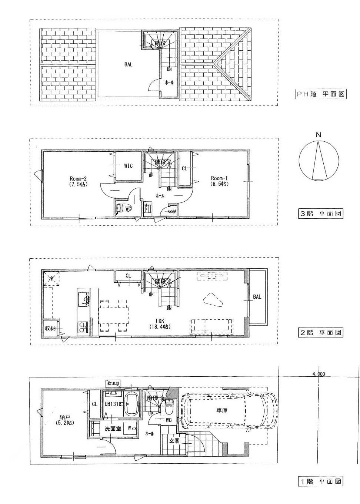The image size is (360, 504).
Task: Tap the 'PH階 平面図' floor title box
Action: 320,94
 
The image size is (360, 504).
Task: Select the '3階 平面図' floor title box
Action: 320,214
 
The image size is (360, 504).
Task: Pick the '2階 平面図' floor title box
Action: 320,332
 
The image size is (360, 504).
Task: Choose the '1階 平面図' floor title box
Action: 320,481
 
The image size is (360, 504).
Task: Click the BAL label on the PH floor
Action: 128,64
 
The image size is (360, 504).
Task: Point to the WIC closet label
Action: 128,166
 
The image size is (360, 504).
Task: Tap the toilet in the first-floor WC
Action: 169,408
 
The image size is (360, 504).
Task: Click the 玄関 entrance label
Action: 174,441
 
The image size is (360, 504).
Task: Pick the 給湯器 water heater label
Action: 113,383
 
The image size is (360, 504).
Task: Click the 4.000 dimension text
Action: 319,374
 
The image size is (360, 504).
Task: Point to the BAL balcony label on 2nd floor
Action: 257,297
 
